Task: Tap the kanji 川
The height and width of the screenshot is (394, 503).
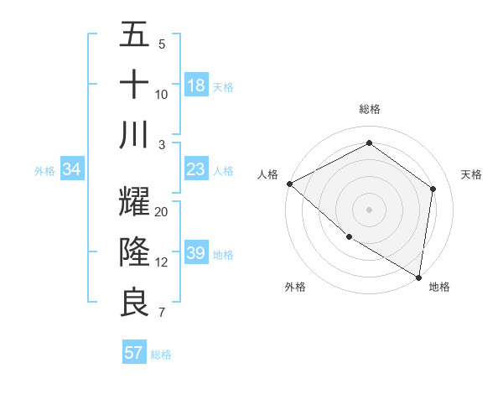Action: (x=134, y=135)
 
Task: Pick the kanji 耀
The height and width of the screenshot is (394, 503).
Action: (x=134, y=202)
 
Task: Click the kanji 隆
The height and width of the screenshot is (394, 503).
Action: (x=134, y=252)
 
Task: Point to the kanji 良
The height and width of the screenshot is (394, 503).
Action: (x=134, y=303)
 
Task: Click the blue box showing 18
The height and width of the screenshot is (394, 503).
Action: (x=196, y=85)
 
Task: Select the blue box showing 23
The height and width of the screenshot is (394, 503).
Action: (x=196, y=170)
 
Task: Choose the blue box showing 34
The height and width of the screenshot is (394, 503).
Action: (x=72, y=170)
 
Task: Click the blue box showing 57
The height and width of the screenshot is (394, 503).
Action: (x=133, y=353)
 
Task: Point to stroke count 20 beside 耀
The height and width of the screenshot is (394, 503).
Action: (x=162, y=211)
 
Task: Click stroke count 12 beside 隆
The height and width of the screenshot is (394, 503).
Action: (x=162, y=262)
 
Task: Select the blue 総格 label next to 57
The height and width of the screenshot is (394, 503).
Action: (x=161, y=355)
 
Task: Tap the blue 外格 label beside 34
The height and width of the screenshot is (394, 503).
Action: (x=44, y=171)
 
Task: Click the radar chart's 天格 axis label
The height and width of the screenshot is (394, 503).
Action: (x=471, y=174)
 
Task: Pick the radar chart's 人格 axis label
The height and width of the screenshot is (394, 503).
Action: (x=268, y=174)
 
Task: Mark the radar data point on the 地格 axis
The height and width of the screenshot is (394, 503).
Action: (x=418, y=277)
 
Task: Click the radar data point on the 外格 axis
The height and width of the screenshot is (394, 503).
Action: (x=349, y=236)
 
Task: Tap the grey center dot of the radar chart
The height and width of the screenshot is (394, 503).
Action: (x=369, y=209)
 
